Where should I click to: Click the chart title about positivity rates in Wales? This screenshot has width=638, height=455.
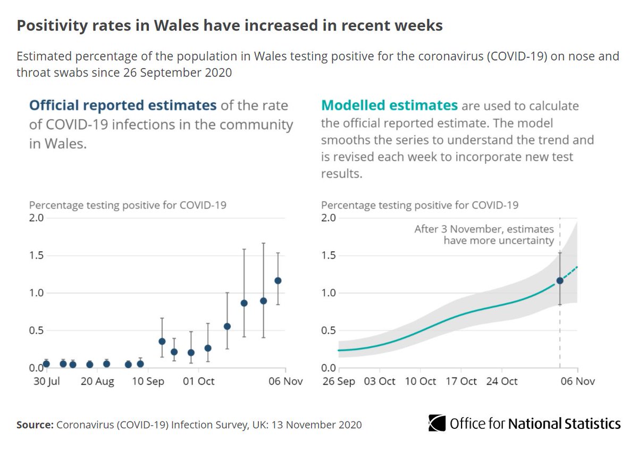[230, 26]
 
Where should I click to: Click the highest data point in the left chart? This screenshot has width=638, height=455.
[278, 280]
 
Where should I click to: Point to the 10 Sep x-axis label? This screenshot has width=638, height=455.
[148, 381]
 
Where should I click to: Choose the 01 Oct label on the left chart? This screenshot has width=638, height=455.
[199, 381]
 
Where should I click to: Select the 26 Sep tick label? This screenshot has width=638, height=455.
[338, 381]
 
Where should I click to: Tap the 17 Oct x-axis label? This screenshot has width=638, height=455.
[460, 381]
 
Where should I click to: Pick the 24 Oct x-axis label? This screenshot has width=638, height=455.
[502, 381]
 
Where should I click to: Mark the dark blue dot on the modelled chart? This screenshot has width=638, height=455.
[560, 280]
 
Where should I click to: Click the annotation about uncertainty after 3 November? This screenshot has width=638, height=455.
[484, 235]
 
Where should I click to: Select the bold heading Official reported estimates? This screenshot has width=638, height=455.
[123, 105]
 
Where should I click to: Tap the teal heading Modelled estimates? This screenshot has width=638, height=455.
[389, 105]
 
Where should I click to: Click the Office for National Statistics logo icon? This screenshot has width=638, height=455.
[437, 423]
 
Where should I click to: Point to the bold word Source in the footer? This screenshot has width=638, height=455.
[34, 425]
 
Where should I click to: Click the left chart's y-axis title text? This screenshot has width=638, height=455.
[128, 205]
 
